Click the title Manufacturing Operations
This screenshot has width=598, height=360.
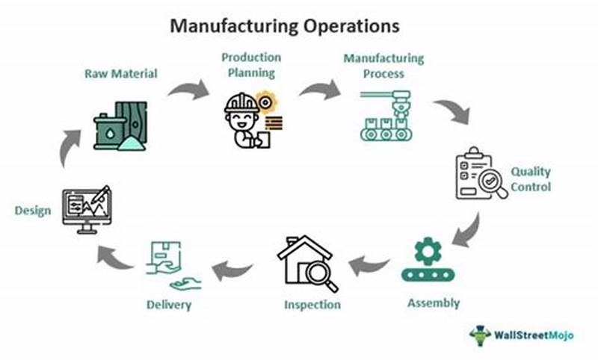[x=285, y=25]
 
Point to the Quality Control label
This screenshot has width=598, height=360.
[x=531, y=179]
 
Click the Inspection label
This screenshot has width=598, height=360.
[x=312, y=305]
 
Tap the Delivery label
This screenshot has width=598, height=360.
[x=170, y=305]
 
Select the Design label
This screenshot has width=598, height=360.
[x=33, y=211]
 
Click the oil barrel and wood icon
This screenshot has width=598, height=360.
[x=120, y=126]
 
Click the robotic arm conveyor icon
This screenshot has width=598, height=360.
[x=385, y=115]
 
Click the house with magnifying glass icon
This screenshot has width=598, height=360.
[x=306, y=262]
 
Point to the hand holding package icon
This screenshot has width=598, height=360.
[x=167, y=265]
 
